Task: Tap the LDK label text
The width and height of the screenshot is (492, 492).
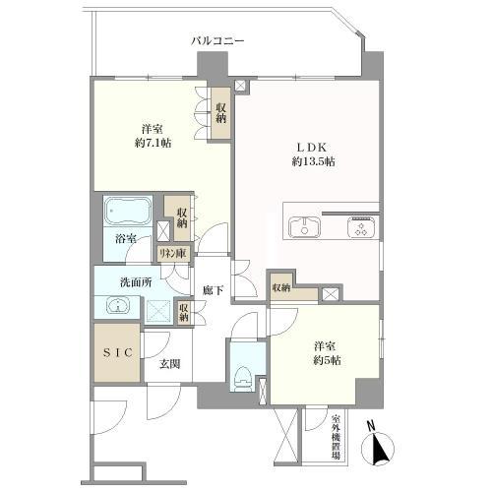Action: pyautogui.click(x=313, y=148)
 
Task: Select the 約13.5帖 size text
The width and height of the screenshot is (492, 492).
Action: pyautogui.click(x=313, y=161)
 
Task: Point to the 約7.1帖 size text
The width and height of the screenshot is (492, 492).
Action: pyautogui.click(x=154, y=143)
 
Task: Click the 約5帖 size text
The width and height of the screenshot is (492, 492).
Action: pyautogui.click(x=327, y=360)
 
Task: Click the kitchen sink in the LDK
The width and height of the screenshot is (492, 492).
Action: pyautogui.click(x=304, y=227)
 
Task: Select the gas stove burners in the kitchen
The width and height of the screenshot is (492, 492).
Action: pyautogui.click(x=362, y=227)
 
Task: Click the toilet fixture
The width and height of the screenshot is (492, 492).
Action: pyautogui.click(x=243, y=378)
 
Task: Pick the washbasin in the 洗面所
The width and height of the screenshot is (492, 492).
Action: pyautogui.click(x=118, y=306)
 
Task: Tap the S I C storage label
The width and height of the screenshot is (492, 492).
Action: pyautogui.click(x=118, y=352)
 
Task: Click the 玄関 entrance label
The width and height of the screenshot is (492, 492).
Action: pyautogui.click(x=169, y=364)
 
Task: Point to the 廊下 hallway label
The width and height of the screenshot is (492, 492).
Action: pyautogui.click(x=213, y=290)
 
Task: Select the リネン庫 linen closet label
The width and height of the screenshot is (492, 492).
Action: pyautogui.click(x=173, y=254)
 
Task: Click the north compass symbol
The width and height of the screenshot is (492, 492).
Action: pyautogui.click(x=377, y=447)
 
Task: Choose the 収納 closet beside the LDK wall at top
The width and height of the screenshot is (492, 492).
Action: pyautogui.click(x=221, y=113)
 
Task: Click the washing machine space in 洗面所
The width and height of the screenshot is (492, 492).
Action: pyautogui.click(x=158, y=311)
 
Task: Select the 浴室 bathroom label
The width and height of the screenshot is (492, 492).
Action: pyautogui.click(x=126, y=239)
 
